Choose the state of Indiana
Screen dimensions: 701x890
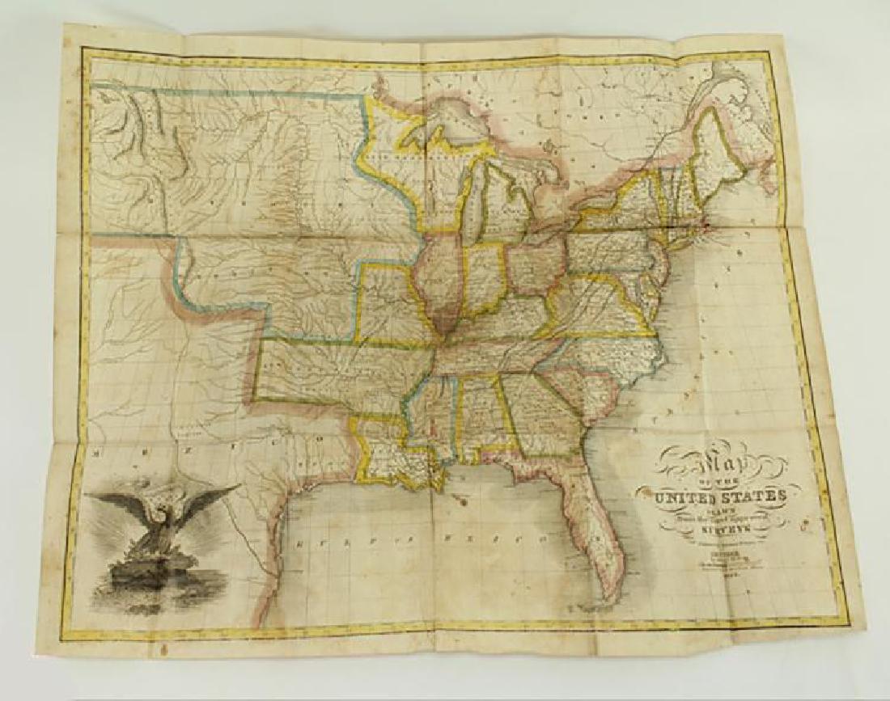485,279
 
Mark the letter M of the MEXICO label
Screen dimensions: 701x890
98,455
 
